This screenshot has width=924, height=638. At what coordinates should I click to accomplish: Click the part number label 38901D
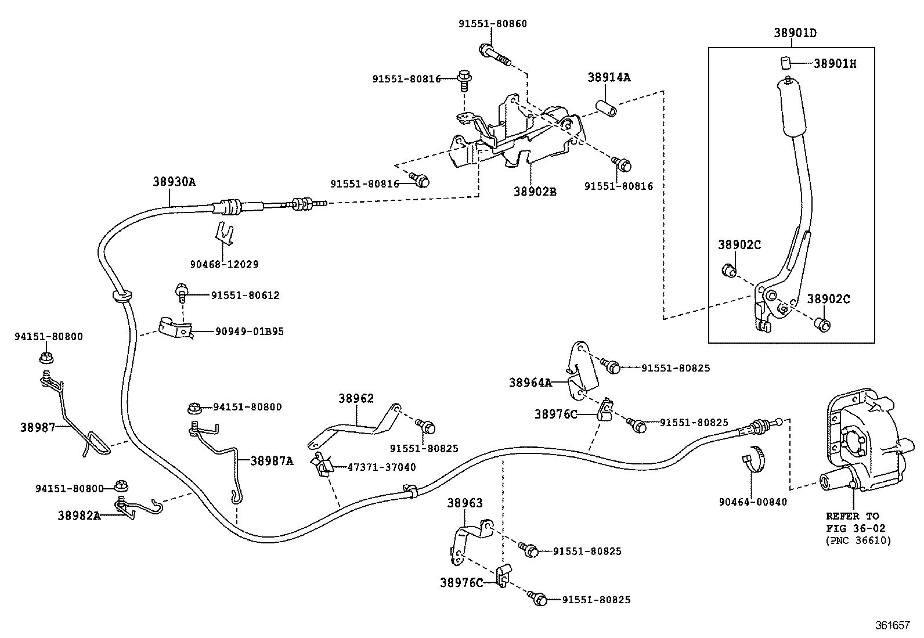click(x=795, y=33)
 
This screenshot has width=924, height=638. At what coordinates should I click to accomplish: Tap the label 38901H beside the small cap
click(x=835, y=64)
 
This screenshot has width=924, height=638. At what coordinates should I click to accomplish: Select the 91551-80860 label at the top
click(x=492, y=24)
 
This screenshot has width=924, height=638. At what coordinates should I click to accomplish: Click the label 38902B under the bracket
click(x=535, y=190)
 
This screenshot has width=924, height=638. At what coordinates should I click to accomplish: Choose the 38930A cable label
click(x=174, y=182)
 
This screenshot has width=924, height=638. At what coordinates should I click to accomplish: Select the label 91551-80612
click(x=245, y=295)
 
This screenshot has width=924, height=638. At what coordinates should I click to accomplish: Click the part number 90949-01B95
click(x=250, y=332)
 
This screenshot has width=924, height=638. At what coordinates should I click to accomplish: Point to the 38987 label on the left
click(x=37, y=428)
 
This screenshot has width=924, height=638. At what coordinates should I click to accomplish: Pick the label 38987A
click(x=272, y=461)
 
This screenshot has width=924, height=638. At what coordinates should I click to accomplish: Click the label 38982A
click(x=79, y=515)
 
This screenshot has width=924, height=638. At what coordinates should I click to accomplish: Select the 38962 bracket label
click(x=356, y=399)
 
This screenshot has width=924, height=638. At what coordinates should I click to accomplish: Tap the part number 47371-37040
click(x=381, y=467)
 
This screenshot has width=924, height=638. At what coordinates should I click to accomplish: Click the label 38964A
click(x=530, y=383)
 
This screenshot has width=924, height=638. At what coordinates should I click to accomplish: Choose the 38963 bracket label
click(x=464, y=503)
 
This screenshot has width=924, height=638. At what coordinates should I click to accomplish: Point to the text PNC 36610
click(x=858, y=540)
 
